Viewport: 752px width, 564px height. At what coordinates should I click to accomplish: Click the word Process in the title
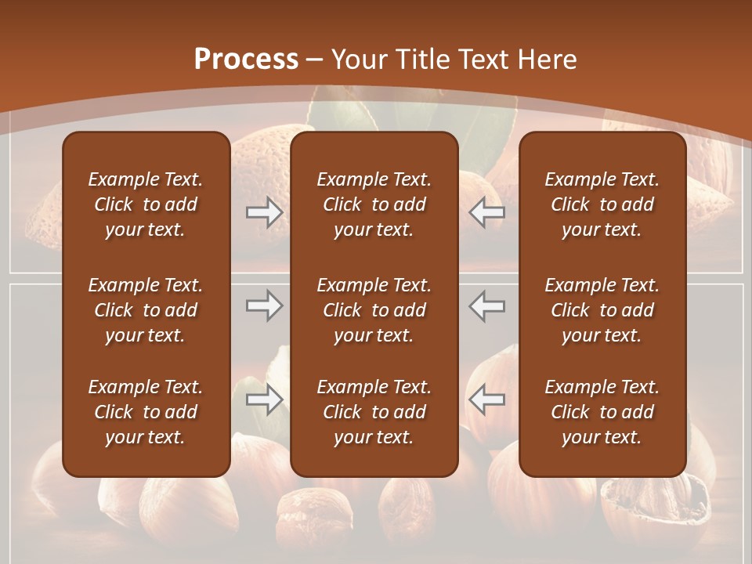(x=246, y=60)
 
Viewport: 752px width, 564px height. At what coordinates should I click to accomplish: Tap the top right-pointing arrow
(x=265, y=212)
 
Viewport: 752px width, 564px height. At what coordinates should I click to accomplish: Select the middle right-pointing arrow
(x=265, y=305)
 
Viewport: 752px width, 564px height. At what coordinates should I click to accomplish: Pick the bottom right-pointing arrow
(x=265, y=399)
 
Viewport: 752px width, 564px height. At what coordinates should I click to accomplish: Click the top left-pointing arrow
(x=486, y=212)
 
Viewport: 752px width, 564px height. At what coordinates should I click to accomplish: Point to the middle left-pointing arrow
(x=486, y=305)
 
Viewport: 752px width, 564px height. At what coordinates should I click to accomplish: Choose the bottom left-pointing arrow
(x=486, y=399)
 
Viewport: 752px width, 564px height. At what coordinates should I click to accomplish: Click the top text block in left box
(x=146, y=204)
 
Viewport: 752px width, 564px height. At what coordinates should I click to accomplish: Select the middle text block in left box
(x=146, y=310)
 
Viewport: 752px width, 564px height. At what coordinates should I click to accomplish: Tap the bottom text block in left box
(x=146, y=412)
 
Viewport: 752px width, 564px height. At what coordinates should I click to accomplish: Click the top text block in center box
(x=374, y=204)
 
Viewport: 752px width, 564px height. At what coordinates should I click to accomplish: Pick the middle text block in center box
(x=374, y=310)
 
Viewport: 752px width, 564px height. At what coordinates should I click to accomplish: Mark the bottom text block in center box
(x=374, y=412)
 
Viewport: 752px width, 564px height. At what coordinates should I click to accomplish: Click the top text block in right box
(x=602, y=204)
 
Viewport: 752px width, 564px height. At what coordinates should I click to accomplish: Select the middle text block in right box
(x=602, y=310)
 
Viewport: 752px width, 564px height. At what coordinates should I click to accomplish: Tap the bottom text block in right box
(x=602, y=412)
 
